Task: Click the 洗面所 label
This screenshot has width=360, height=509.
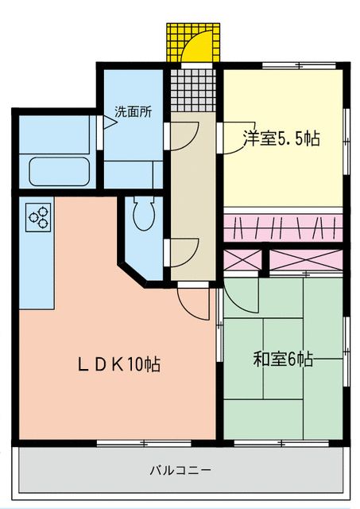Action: click(x=133, y=112)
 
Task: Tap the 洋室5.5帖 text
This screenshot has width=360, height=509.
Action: click(x=281, y=139)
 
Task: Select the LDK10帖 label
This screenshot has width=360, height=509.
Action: click(x=119, y=364)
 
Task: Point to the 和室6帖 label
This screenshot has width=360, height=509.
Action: click(x=283, y=359)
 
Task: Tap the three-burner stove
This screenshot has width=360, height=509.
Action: click(x=37, y=216)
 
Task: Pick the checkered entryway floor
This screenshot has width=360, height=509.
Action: click(x=192, y=90)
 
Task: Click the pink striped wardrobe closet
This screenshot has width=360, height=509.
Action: click(x=284, y=227)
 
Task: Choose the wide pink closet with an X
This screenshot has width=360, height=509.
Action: click(x=306, y=260)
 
